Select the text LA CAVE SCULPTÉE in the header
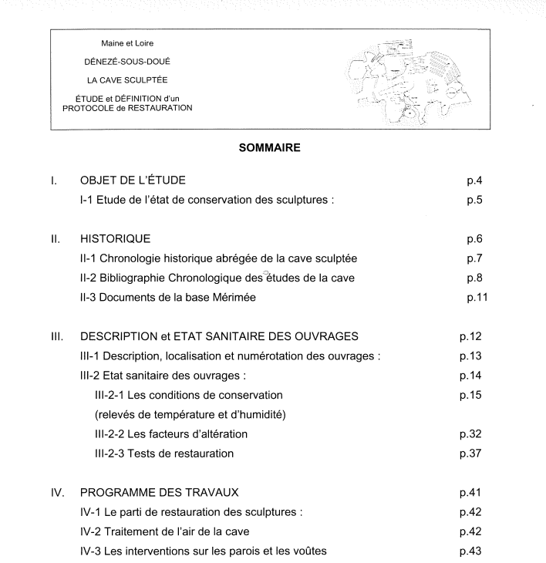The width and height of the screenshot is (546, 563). (126, 81)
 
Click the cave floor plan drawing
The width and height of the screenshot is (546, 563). (396, 80)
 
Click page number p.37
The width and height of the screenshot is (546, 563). (472, 452)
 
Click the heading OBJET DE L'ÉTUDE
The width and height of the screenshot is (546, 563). (133, 181)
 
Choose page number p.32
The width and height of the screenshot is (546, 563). (472, 434)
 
